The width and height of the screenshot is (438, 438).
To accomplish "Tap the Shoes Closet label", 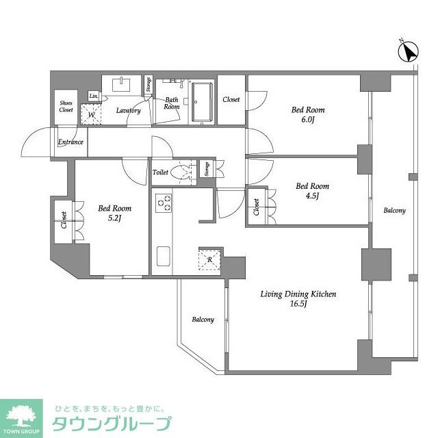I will point(66,106).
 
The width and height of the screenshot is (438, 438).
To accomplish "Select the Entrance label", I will point(70,142).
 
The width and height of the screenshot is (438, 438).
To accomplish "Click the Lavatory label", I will point(128,110).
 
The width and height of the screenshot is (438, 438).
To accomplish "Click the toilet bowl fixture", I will point(181,172).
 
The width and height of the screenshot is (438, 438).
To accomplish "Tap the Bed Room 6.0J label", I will point(307,114).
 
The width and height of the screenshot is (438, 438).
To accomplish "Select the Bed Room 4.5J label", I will point(312,190).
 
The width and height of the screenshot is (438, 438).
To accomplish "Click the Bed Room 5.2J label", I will point(114,213).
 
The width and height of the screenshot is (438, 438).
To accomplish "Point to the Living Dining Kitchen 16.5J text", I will point(298,299).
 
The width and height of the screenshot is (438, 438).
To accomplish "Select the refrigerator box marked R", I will point(210,259).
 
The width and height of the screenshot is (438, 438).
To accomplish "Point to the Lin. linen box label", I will point(94,96).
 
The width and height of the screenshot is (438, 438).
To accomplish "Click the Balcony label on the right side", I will point(394,211).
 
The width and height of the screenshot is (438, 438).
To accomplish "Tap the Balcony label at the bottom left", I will point(203,320).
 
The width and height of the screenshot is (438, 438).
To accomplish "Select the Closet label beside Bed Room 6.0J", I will point(231,100).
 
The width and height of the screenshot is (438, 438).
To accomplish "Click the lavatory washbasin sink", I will point(123,83).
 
